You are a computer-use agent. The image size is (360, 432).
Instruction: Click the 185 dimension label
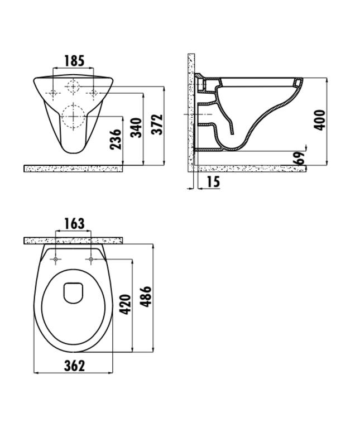click(x=74, y=60)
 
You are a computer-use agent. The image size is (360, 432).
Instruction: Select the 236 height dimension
click(x=115, y=140)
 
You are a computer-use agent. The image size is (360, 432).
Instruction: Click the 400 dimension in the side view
click(x=319, y=119)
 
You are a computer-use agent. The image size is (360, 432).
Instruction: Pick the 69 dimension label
click(x=300, y=158)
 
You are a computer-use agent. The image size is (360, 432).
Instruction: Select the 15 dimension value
click(x=212, y=181)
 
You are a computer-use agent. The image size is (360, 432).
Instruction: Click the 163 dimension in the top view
click(x=74, y=224)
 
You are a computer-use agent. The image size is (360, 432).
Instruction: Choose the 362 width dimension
click(x=74, y=366)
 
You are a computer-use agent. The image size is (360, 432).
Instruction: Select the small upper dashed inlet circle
click(x=74, y=87)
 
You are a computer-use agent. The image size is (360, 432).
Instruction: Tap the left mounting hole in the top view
click(x=57, y=260)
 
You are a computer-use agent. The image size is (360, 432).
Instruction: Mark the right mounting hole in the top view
click(x=90, y=260)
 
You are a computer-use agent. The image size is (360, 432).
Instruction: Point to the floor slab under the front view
click(x=73, y=168)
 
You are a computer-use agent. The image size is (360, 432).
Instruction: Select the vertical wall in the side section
click(x=191, y=112)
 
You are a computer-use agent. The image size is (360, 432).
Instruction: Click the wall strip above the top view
click(x=73, y=241)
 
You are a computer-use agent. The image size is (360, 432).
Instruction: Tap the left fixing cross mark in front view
click(x=53, y=93)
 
